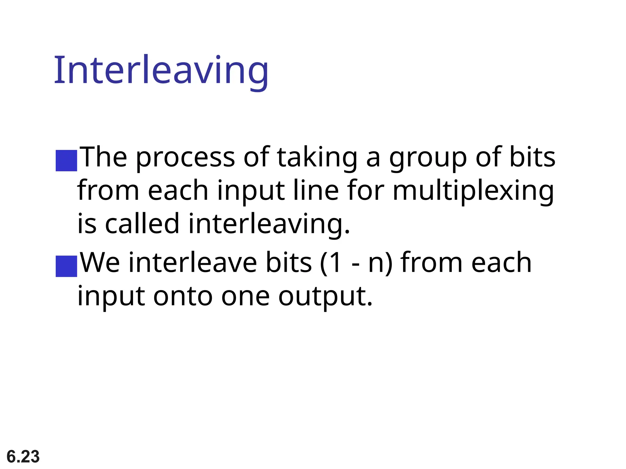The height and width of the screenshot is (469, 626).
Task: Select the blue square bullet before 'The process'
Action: click(x=66, y=160)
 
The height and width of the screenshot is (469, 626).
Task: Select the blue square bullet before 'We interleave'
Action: click(x=66, y=266)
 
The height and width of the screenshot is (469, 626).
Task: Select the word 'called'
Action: click(x=142, y=224)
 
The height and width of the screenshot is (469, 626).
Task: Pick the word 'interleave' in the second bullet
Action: click(x=193, y=263)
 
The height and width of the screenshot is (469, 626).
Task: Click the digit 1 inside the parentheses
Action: click(x=335, y=263)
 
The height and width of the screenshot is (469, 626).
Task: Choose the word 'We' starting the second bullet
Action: click(x=100, y=263)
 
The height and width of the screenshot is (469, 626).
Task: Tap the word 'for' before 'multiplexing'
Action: click(x=366, y=191)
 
